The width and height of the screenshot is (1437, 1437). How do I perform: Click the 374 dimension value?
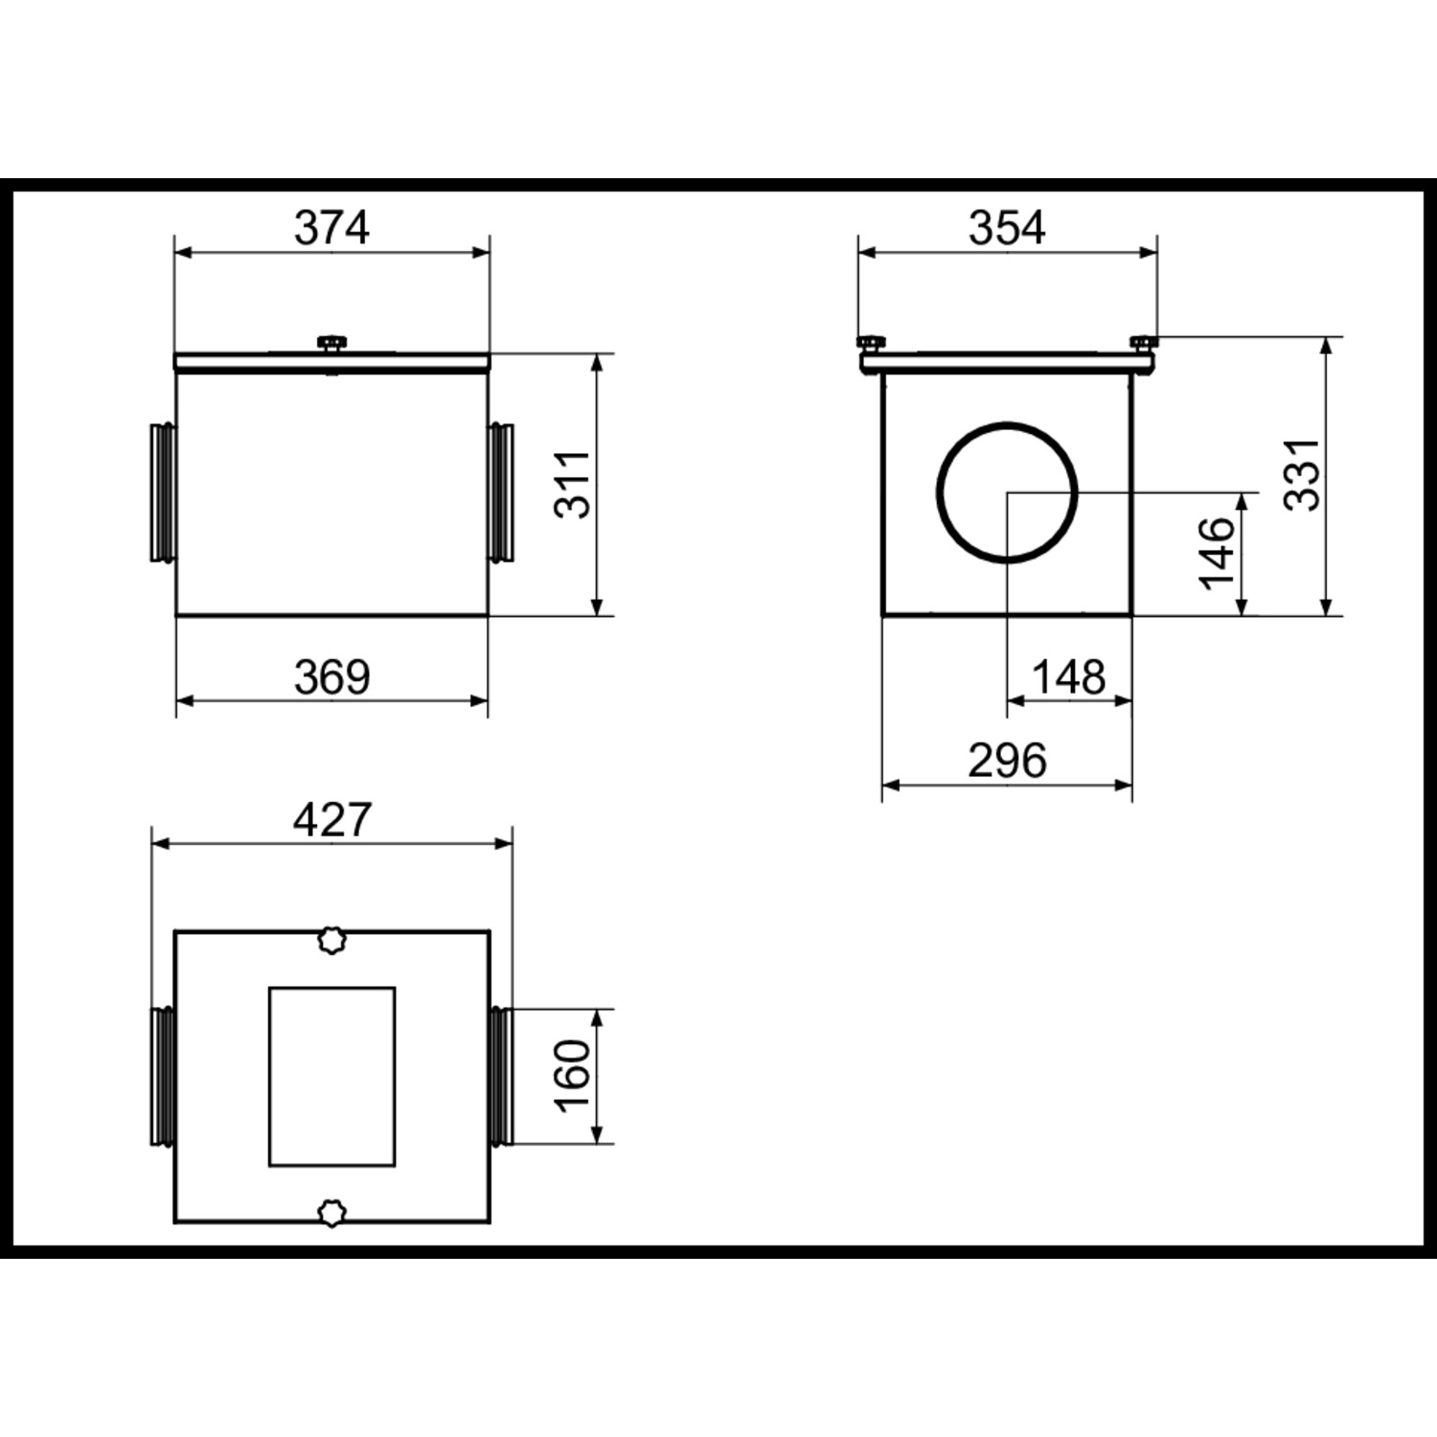click(x=331, y=228)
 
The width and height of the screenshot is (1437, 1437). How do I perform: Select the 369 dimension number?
click(x=331, y=677)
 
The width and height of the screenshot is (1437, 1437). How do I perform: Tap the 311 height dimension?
click(x=575, y=485)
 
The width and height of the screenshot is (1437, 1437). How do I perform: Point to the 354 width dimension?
click(x=1007, y=228)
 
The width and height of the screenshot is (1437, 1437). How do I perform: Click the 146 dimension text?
click(x=1217, y=554)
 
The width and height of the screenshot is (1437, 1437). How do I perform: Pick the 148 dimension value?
click(x=1068, y=677)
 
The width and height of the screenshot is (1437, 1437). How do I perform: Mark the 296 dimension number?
click(x=1007, y=762)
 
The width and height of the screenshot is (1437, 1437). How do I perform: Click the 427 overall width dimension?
click(x=331, y=820)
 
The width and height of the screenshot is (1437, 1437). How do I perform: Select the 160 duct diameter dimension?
click(x=575, y=1076)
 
